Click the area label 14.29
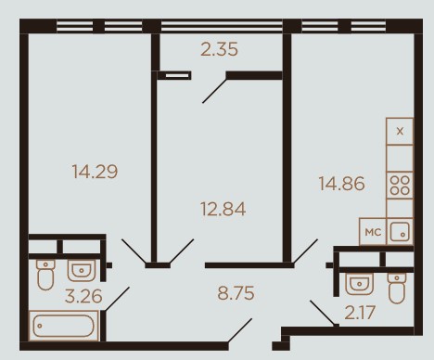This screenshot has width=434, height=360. coord(95,172)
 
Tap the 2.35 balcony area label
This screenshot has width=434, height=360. coord(219,49)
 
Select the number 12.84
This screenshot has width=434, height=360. coord(223,209)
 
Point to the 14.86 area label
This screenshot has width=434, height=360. coord(341,184)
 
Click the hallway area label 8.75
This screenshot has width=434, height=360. coord(236,293)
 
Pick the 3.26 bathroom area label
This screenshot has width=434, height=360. coord(83,296)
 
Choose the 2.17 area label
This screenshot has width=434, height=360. coord(360,313)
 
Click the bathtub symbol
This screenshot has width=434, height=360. coord(64,326)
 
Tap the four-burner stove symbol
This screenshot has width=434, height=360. coord(400,186)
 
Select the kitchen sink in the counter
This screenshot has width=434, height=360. coord(400,231)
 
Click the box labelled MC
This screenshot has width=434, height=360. coord(373,232)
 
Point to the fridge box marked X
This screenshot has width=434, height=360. coord(400,131)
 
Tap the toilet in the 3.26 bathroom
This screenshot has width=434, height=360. coord(45,275)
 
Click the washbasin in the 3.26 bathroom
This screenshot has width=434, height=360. coord(82,270)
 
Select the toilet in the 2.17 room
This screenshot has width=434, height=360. coord(397,288)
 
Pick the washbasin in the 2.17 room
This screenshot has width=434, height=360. coord(359,284)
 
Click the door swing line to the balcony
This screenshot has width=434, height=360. coord(214,91)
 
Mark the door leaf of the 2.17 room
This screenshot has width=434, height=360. coord(323,313)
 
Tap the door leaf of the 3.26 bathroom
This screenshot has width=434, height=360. coord(117,299)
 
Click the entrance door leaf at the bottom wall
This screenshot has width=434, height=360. coord(240,330)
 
